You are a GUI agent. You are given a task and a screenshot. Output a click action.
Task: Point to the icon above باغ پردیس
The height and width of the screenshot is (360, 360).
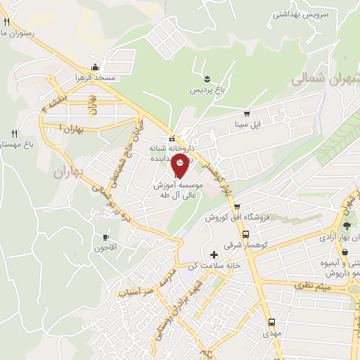207,77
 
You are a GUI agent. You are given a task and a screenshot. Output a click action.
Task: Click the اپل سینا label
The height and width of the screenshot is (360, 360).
247,125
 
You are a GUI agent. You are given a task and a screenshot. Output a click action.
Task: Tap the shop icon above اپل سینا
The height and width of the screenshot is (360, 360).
245,113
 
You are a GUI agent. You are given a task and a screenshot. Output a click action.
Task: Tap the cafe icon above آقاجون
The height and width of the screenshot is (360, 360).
106,237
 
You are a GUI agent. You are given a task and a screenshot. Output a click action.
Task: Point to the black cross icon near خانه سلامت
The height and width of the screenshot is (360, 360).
214,253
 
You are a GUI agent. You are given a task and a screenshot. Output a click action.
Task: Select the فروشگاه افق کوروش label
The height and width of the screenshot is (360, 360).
233,218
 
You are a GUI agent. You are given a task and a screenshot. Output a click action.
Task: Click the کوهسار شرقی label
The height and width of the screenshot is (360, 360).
243,244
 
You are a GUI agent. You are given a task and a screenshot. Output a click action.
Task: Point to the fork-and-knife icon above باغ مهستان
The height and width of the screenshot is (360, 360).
14,133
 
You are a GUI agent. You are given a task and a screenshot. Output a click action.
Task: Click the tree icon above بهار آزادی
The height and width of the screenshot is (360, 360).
347,226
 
